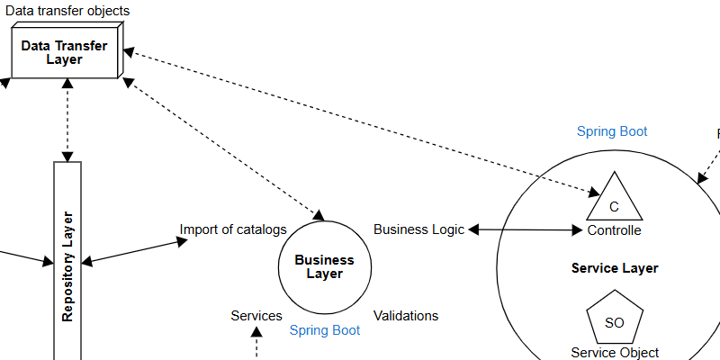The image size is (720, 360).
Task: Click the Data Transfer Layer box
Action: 64,52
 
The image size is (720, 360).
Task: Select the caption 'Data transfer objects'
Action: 67,11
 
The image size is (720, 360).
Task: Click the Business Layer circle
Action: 325,266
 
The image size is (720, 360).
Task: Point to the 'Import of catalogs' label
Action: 233,229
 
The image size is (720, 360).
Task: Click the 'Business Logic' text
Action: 418,229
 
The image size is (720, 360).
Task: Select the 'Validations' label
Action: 406,316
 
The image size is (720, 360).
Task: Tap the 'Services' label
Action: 256,316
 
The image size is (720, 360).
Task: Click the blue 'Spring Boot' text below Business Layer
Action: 325,330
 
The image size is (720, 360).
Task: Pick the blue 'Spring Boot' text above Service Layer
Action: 612,131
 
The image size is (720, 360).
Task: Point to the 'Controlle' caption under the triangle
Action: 615,230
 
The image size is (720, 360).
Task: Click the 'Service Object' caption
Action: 615,353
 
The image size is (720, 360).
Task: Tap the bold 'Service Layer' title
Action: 615,268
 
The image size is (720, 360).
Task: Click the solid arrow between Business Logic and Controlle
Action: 526,230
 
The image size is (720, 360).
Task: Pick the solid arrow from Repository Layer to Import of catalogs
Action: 130,251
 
